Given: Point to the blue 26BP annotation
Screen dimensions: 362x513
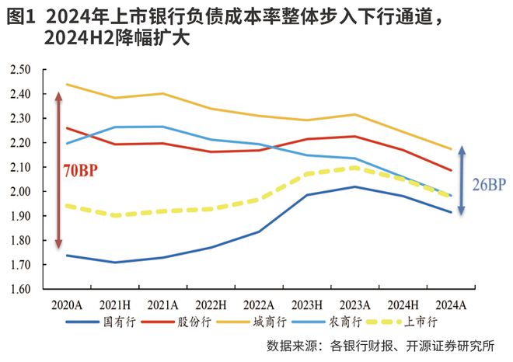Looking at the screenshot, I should [487, 184].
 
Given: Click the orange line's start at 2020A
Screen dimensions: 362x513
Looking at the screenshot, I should [67, 84].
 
